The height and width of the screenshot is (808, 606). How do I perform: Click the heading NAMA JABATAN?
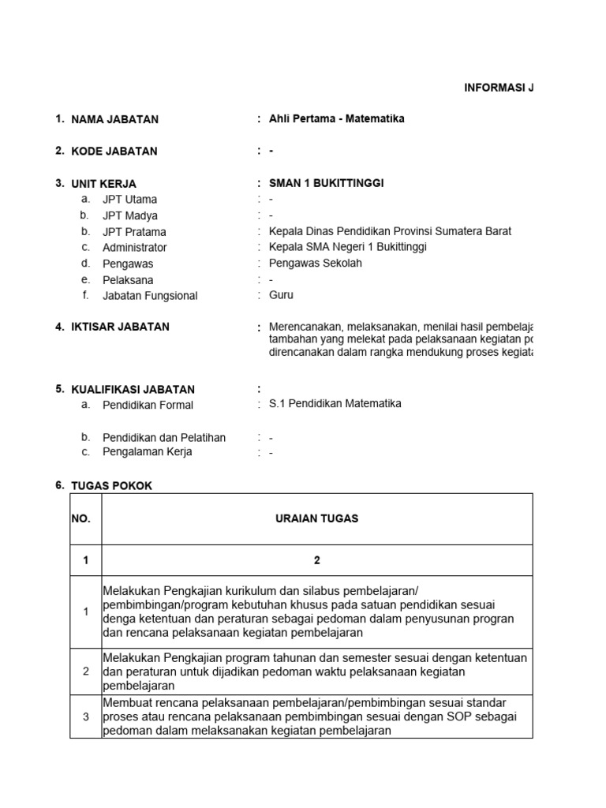[x=114, y=119]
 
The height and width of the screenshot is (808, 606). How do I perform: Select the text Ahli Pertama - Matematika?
[x=337, y=119]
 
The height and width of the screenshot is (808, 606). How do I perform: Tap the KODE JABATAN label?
[x=114, y=151]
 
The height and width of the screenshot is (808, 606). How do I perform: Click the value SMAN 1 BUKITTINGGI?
[x=327, y=183]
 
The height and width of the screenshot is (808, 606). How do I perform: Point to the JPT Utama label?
[x=129, y=200]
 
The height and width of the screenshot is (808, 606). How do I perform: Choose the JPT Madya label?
[x=130, y=215]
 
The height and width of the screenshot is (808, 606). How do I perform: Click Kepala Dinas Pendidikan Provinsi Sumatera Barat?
[x=390, y=231]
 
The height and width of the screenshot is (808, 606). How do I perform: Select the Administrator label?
[x=134, y=248]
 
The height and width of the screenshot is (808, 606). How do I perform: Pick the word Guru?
[x=281, y=295]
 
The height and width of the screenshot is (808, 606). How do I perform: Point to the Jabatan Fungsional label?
[x=150, y=296]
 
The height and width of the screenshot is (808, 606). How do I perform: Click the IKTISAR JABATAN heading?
[x=120, y=327]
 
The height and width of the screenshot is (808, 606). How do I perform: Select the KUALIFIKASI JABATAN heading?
[x=133, y=389]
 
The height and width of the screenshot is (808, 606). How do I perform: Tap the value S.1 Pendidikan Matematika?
[x=335, y=403]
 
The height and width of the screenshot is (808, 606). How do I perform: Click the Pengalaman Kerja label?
[x=147, y=452]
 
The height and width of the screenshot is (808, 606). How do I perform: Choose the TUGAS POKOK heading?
[x=111, y=486]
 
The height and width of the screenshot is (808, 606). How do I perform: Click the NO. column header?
[x=81, y=518]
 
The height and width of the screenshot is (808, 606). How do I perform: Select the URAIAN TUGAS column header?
[x=317, y=518]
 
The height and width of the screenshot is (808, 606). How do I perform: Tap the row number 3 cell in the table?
[x=86, y=716]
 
